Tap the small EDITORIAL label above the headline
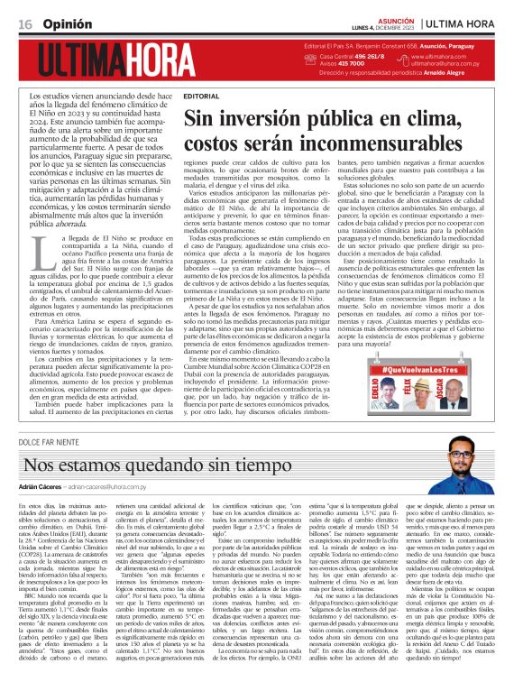pos(200,95)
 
